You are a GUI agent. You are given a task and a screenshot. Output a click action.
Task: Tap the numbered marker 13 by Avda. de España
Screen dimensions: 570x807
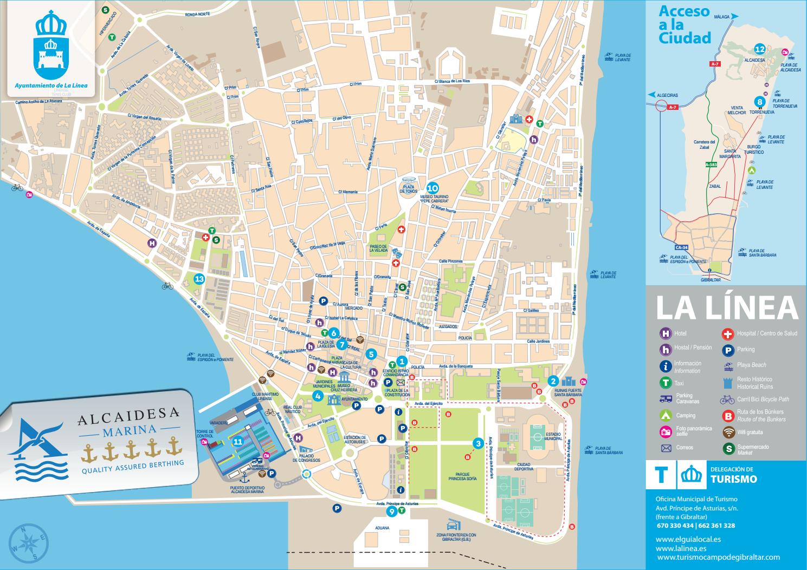(x=199, y=279)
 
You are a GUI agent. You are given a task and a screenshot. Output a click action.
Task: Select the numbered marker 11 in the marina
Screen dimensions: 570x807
(x=237, y=441)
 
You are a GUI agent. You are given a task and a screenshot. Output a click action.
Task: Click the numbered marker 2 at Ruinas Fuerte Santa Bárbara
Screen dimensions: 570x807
(x=553, y=381)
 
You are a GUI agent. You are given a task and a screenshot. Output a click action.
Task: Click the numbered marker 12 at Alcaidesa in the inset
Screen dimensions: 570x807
(x=760, y=49)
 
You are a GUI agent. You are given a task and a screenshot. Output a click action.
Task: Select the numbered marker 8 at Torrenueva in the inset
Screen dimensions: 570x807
(x=760, y=102)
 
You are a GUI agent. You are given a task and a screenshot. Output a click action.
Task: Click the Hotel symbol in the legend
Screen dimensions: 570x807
(x=665, y=333)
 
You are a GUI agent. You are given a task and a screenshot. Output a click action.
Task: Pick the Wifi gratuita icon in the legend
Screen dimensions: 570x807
(x=728, y=432)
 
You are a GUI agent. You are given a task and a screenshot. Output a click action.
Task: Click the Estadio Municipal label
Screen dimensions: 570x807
(x=538, y=437)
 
